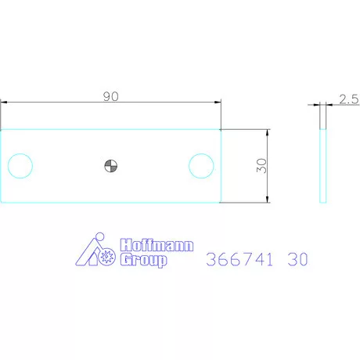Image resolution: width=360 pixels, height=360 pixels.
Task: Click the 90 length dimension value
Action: (x=110, y=95)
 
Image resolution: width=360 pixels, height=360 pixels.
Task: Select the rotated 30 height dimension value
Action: (x=261, y=165)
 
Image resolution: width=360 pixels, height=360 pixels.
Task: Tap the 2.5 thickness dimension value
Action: (x=348, y=99)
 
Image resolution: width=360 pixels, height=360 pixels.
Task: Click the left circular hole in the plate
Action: (x=19, y=165)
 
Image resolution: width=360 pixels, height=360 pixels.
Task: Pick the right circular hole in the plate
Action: (x=201, y=165)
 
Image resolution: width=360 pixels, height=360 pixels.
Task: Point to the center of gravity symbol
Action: (x=110, y=165)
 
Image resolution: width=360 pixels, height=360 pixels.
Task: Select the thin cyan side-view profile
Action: (x=322, y=165)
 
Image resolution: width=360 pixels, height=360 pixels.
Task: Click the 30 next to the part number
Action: (x=298, y=260)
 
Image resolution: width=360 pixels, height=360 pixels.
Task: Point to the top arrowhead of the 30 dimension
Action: (x=268, y=131)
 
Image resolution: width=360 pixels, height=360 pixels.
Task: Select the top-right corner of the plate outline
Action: (x=221, y=129)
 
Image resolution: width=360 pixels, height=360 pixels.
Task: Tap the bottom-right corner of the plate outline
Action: (x=221, y=202)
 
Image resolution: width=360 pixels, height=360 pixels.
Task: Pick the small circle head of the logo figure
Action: (x=97, y=239)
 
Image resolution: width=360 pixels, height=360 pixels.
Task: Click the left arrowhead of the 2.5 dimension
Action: (x=318, y=104)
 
